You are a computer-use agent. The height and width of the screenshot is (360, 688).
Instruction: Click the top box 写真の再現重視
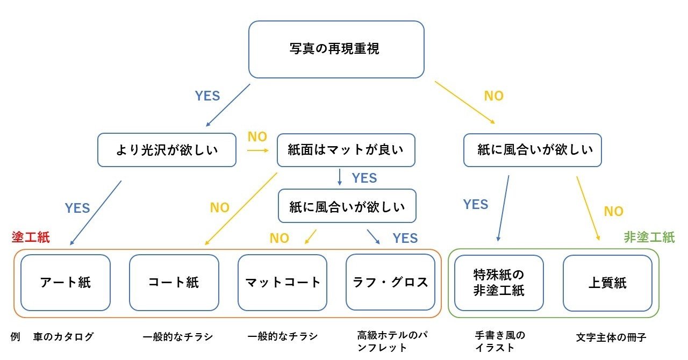pyautogui.click(x=336, y=49)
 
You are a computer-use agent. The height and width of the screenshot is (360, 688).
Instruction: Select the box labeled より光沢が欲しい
pyautogui.click(x=167, y=149)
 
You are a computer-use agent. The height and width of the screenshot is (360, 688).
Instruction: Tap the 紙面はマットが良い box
pyautogui.click(x=346, y=149)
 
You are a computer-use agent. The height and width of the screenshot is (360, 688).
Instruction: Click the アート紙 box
pyautogui.click(x=65, y=283)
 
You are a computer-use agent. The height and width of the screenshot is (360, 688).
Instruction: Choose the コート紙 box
pyautogui.click(x=174, y=283)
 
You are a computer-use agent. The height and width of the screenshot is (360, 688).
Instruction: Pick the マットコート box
pyautogui.click(x=282, y=283)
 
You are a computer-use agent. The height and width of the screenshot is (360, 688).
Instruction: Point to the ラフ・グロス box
pyautogui.click(x=390, y=283)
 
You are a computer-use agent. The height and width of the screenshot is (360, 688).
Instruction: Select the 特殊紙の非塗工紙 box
pyautogui.click(x=499, y=283)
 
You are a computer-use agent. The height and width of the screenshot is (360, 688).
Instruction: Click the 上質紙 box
pyautogui.click(x=607, y=283)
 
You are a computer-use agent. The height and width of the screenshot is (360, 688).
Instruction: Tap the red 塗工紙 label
pyautogui.click(x=31, y=237)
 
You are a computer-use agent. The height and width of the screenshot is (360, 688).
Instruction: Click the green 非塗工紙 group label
pyautogui.click(x=649, y=237)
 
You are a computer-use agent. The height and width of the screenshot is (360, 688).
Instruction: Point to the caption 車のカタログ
pyautogui.click(x=63, y=337)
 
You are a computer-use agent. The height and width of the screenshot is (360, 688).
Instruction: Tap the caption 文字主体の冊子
pyautogui.click(x=611, y=337)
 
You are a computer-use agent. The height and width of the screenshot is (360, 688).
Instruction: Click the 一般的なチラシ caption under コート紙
pyautogui.click(x=178, y=337)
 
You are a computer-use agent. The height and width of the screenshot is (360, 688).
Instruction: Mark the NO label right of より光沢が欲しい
pyautogui.click(x=257, y=137)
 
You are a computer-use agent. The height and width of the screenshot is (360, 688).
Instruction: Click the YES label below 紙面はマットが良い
pyautogui.click(x=364, y=178)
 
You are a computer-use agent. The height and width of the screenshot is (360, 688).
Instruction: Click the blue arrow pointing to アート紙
pyautogui.click(x=96, y=213)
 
